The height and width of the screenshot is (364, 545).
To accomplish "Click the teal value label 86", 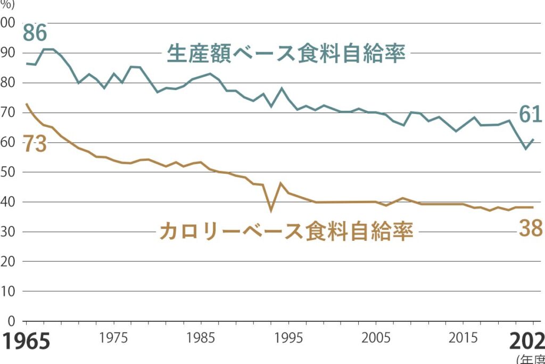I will (35, 33).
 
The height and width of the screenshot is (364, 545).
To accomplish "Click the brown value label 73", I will (34, 145).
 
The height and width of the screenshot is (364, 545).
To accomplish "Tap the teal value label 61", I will (530, 115).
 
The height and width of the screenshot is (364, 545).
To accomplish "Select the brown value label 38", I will (530, 229).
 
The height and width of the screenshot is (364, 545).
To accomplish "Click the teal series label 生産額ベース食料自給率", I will (286, 54).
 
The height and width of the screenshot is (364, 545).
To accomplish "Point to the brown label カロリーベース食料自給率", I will (286, 232).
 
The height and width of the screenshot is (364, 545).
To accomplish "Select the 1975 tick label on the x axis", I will (112, 339).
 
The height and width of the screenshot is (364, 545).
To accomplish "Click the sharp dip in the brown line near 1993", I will (271, 211).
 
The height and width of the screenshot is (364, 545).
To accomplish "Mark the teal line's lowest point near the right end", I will (526, 148).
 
